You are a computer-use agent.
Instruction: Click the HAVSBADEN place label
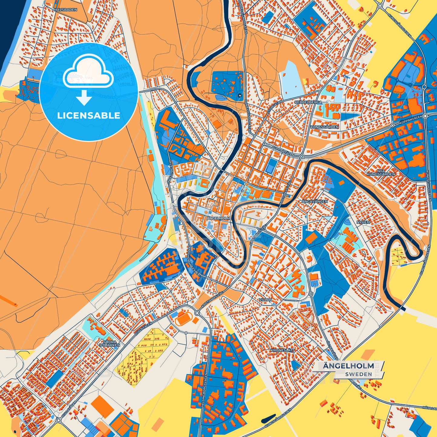pos(65,10)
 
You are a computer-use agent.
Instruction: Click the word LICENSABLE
pos(89,116)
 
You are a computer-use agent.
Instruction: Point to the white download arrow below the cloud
pos(84,98)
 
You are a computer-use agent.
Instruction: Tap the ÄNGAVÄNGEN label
pos(315,201)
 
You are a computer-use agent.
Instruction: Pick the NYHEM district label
pos(363,222)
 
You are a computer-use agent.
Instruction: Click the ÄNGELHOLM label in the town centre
pos(218,218)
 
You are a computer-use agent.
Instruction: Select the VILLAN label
pos(265,299)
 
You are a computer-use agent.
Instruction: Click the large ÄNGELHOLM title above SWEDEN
pos(348,366)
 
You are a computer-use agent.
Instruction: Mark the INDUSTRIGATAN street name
pos(169,171)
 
